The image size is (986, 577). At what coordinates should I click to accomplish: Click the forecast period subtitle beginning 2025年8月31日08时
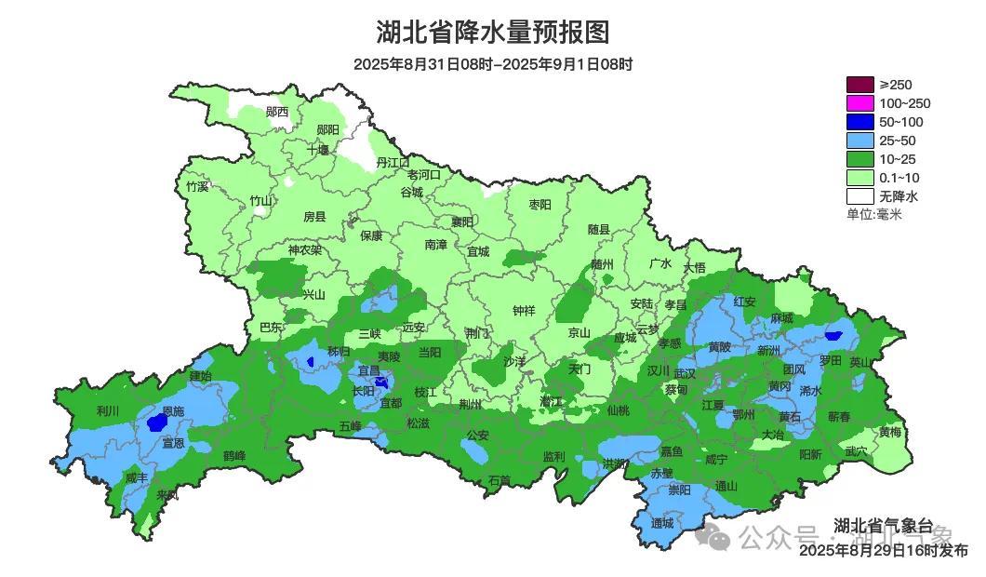point(492,64)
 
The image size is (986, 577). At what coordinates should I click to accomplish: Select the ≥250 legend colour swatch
point(859,85)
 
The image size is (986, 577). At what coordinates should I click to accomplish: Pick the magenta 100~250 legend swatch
point(859,103)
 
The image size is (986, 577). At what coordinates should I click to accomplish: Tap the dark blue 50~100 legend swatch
point(859,122)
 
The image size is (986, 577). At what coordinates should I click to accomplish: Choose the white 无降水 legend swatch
point(859,196)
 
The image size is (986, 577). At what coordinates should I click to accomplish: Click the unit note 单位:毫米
point(873,214)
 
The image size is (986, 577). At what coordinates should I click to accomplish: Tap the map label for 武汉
point(684,372)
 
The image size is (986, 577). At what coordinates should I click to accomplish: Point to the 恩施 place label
point(173,410)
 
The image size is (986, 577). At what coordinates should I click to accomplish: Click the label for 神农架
point(304,249)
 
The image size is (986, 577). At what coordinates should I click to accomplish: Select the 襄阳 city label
point(462,221)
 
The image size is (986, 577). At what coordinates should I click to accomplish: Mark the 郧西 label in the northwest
point(276,112)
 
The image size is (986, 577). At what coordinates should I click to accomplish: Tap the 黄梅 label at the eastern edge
point(890,432)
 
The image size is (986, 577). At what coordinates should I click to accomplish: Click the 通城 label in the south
point(662,523)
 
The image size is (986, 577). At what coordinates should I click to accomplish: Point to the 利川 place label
point(108,410)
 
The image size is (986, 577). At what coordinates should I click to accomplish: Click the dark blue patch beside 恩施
point(156,423)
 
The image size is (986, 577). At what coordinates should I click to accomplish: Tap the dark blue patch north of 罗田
point(833,336)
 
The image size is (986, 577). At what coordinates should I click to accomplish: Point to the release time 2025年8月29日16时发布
point(883,551)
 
